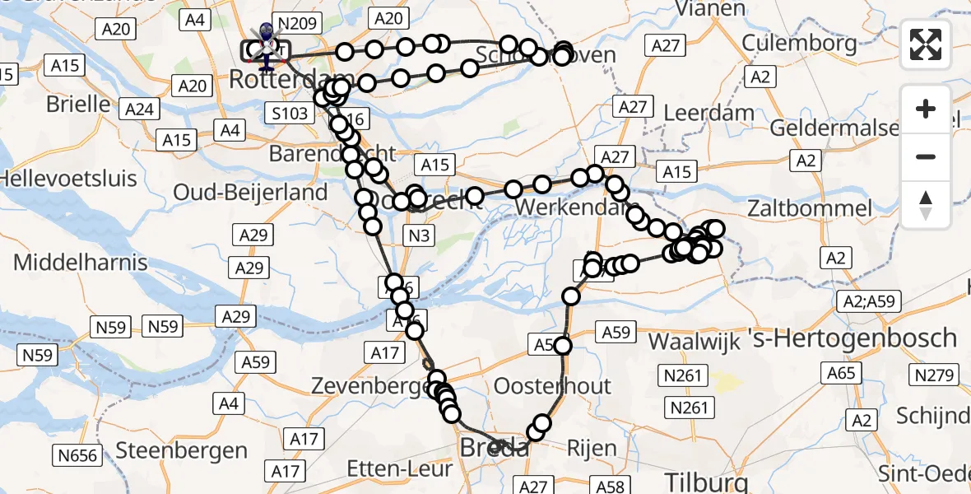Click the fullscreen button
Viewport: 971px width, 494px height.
coord(926,44)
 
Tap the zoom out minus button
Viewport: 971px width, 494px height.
coord(926,157)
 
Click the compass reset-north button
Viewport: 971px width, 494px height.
coord(926,205)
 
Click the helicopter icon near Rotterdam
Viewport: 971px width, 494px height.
coord(266,44)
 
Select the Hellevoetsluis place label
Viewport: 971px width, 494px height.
coord(57,177)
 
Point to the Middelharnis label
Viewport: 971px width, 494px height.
coord(81,263)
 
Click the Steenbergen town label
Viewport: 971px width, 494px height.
coord(182,450)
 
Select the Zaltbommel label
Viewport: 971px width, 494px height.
coord(810,207)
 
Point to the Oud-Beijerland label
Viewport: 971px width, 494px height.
coord(250,192)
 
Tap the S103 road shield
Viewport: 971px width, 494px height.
coord(290,111)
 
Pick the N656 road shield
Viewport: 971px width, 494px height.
coord(77,454)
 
